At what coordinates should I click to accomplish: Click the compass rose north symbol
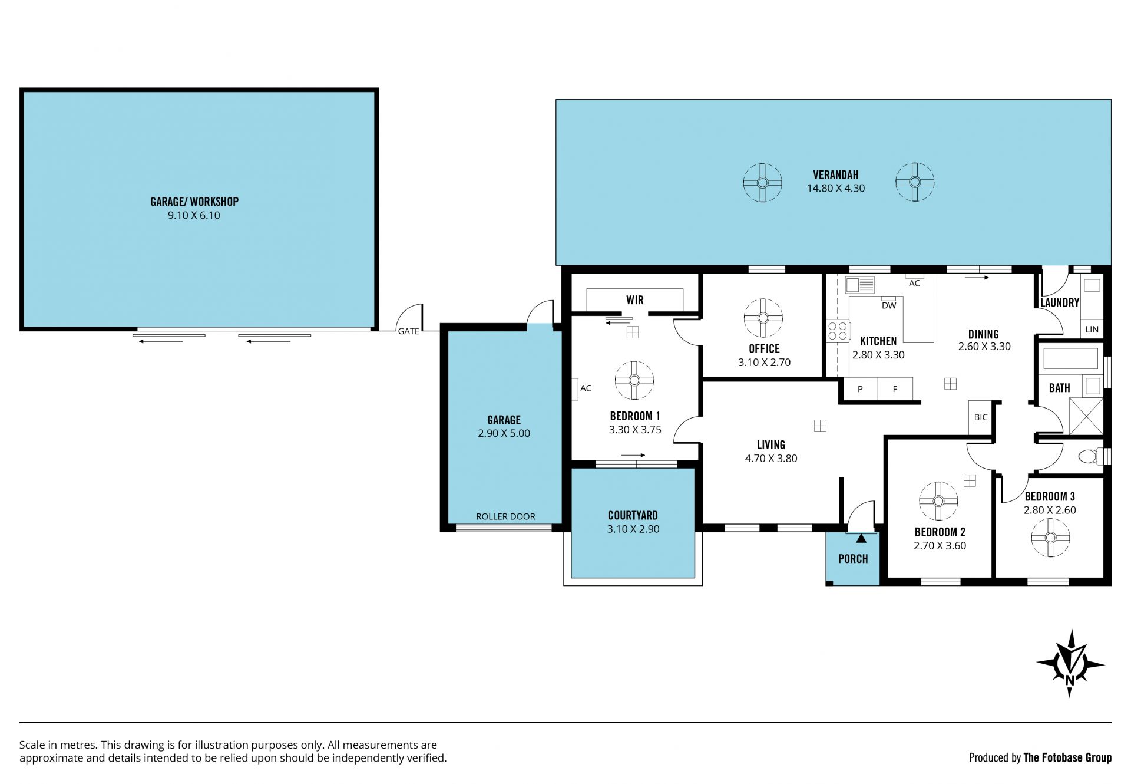[1070, 664]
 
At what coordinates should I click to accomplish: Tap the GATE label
[408, 331]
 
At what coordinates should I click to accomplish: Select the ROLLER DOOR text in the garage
[505, 516]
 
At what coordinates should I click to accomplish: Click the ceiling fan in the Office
[763, 318]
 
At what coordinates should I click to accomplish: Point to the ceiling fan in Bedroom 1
[634, 380]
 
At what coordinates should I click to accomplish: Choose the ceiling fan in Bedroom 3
[1050, 538]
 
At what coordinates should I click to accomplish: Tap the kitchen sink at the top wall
[860, 285]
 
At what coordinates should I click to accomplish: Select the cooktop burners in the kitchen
[837, 331]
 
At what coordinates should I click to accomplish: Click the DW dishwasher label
[889, 305]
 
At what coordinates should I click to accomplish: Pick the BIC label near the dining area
[981, 417]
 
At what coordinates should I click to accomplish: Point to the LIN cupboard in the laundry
[1092, 330]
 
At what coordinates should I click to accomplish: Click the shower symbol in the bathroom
[1086, 416]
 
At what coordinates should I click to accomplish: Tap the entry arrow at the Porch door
[861, 538]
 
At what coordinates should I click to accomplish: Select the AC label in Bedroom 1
[586, 388]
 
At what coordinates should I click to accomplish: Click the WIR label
[635, 300]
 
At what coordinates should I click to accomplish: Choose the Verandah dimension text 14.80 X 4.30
[836, 189]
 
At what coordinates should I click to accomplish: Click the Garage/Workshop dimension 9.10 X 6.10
[194, 215]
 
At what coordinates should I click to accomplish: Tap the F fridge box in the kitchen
[895, 389]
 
